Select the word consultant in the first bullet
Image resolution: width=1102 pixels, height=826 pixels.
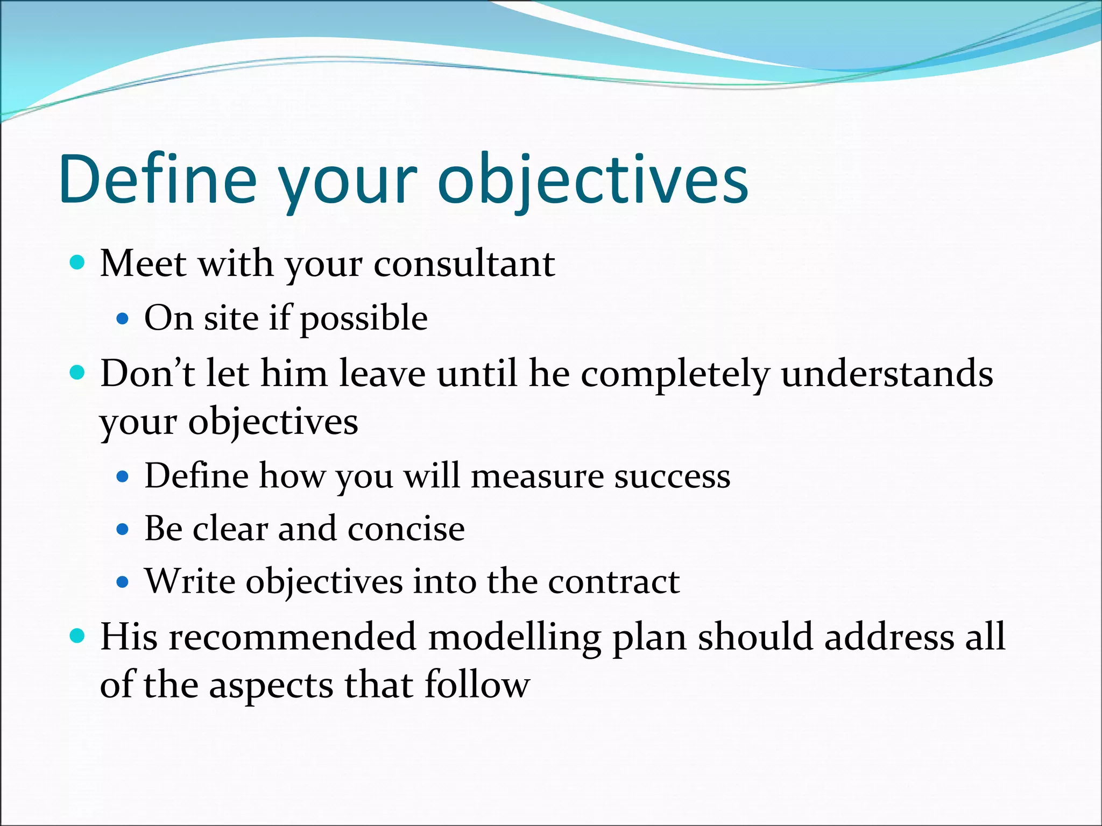[x=464, y=265]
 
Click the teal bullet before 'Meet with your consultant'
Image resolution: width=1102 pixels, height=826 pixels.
[x=78, y=262]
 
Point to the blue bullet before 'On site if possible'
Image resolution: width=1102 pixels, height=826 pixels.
[x=123, y=319]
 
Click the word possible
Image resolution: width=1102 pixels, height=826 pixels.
[x=364, y=318]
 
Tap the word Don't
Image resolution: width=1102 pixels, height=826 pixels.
[x=147, y=373]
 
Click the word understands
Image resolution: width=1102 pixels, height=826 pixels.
[x=887, y=373]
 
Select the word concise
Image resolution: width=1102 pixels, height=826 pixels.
[x=406, y=529]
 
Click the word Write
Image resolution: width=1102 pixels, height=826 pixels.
[x=190, y=581]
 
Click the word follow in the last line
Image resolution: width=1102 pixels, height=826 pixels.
[x=477, y=685]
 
